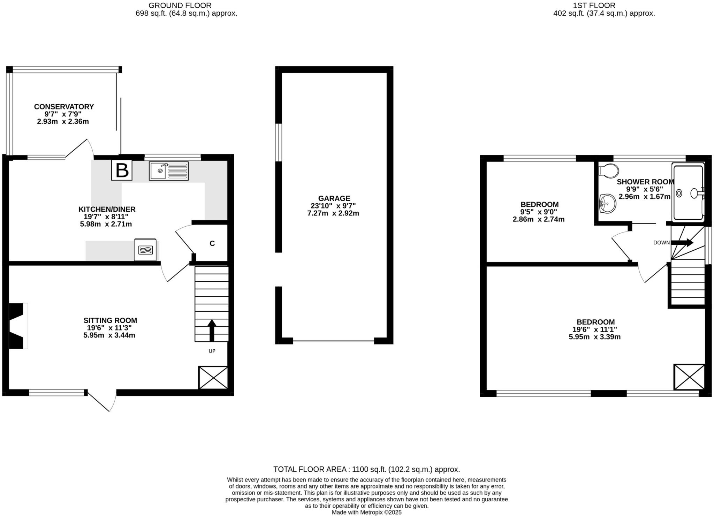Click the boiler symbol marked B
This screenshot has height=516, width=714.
(x=122, y=170)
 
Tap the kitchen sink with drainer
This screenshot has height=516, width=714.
(x=168, y=171)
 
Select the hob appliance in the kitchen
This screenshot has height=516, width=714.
(x=145, y=250)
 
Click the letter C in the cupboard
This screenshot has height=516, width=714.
(x=212, y=243)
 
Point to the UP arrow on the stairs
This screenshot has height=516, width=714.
(x=212, y=330)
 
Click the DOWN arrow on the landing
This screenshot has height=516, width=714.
(x=682, y=243)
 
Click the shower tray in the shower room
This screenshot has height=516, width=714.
(x=689, y=192)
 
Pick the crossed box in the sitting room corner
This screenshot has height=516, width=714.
(x=213, y=377)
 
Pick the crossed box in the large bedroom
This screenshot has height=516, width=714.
(x=689, y=377)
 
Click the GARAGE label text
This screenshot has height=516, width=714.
(x=334, y=198)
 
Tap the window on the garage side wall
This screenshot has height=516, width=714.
(x=278, y=142)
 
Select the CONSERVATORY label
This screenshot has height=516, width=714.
(x=64, y=107)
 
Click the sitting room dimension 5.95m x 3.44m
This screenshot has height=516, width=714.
(x=109, y=335)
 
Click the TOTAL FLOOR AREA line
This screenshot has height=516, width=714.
(x=366, y=469)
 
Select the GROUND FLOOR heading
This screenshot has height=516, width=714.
(x=180, y=5)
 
